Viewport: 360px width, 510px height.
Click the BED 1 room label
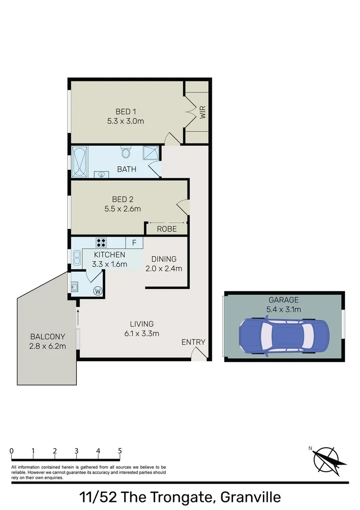click(126, 112)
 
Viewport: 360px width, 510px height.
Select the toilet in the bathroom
click(126, 152)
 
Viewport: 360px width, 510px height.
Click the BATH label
click(126, 169)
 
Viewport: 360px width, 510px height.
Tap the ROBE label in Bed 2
click(167, 229)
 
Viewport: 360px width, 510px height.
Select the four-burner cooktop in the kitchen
click(101, 243)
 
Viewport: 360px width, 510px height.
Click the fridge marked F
click(134, 243)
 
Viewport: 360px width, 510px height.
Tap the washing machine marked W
click(98, 291)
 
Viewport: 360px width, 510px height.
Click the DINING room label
click(164, 259)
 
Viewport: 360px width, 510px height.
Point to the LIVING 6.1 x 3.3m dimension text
click(142, 333)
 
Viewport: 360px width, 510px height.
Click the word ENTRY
click(193, 342)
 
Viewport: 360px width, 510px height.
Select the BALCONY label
click(47, 337)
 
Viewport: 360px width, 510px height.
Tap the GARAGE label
click(284, 300)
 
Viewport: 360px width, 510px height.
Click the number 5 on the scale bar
click(120, 451)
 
